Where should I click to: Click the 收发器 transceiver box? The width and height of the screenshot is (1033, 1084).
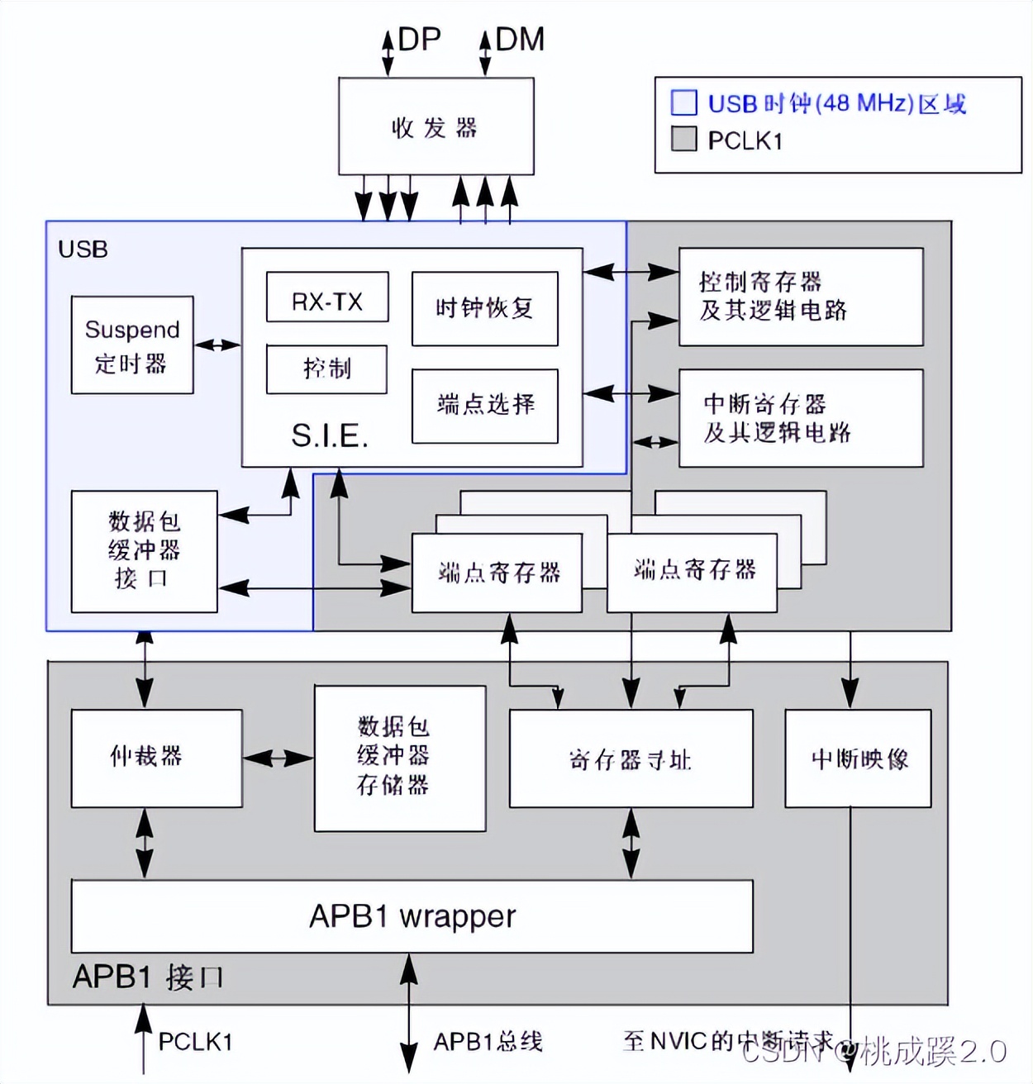coord(436,126)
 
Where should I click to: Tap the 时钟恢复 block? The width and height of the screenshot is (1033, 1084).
coord(485,309)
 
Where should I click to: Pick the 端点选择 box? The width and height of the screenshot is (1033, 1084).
coord(485,406)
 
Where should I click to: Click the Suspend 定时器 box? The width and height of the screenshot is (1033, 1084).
coord(132,345)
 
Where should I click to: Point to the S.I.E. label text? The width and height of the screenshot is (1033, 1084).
coord(329,435)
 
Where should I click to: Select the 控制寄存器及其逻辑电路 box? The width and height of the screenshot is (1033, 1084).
coord(800,297)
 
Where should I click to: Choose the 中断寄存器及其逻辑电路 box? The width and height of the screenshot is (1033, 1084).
coord(800,418)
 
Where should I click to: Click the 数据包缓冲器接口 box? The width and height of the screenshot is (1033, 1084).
coord(144,551)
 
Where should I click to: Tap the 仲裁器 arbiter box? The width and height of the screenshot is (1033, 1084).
coord(156,758)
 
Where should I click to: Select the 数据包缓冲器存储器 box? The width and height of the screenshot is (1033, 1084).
coord(400,758)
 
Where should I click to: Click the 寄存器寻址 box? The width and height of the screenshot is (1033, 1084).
coord(631,758)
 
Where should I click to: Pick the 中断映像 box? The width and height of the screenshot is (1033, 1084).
coord(858,758)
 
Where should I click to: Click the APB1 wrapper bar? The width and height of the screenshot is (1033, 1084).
coord(412,916)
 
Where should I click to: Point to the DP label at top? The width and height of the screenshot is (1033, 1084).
coord(419,40)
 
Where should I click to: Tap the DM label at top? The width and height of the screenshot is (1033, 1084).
coord(520,40)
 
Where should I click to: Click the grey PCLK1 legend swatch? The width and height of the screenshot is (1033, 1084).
coord(683,139)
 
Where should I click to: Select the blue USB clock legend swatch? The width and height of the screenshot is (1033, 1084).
coord(683,102)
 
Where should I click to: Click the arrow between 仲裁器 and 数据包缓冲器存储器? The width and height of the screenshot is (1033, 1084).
coord(278,758)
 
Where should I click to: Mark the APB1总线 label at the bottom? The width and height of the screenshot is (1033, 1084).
coord(488,1042)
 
